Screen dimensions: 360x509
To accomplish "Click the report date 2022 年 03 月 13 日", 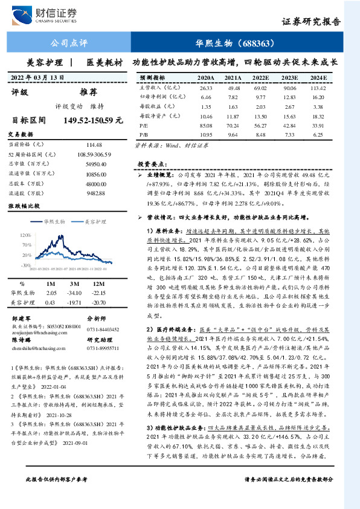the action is tap(37, 77).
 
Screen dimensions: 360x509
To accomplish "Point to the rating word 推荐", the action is tap(89, 92).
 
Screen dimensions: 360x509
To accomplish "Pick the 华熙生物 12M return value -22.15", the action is tap(98, 292).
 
